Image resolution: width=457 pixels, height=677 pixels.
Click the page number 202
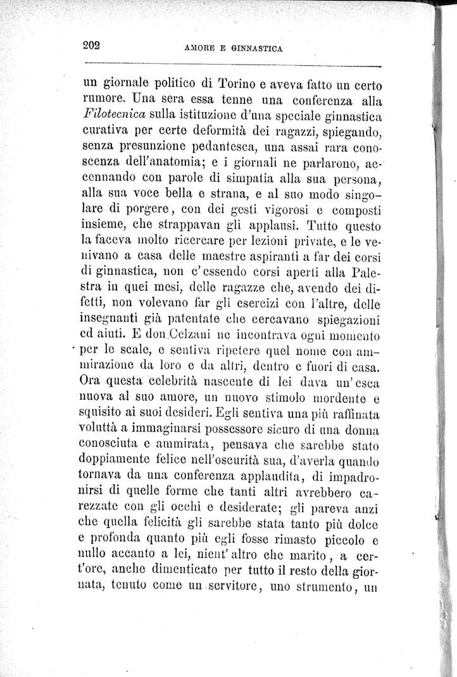[x=92, y=45]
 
